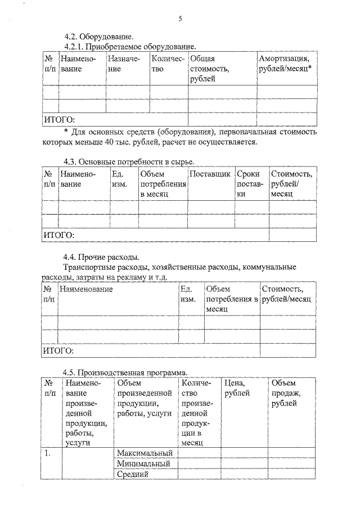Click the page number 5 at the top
[180, 19]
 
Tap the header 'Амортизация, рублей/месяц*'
[285, 63]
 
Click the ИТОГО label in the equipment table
[59, 119]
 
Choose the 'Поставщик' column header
[210, 175]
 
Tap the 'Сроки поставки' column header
[249, 184]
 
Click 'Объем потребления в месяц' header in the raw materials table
[163, 184]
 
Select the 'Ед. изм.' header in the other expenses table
[188, 294]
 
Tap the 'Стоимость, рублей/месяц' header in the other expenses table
[286, 294]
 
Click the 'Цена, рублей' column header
[237, 388]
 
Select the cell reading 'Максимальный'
[144, 453]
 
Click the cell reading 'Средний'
[133, 474]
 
